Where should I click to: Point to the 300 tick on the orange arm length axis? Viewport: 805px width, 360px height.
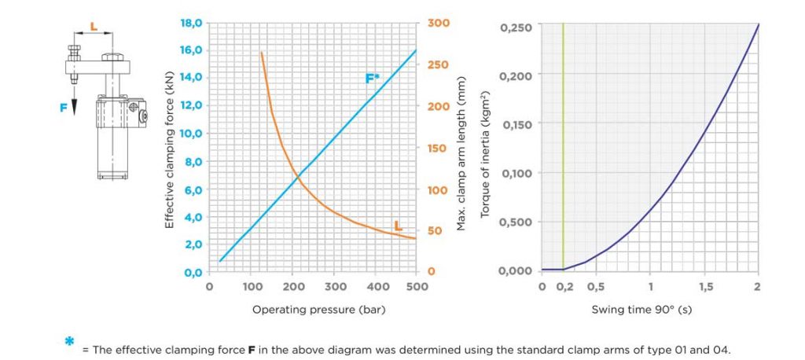(439, 23)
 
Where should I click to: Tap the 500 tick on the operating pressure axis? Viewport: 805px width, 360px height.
(417, 287)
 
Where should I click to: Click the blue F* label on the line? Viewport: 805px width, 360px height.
(373, 79)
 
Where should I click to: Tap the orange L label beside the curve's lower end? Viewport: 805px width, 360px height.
(399, 226)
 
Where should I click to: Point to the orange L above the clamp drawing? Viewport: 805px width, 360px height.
(94, 26)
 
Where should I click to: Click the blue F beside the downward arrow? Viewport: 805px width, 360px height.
(63, 108)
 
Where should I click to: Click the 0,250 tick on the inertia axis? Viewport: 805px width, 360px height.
(516, 28)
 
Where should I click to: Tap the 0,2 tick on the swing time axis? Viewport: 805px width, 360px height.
(564, 287)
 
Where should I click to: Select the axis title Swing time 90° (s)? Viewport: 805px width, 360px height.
(641, 310)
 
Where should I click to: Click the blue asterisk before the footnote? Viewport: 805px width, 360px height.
(70, 342)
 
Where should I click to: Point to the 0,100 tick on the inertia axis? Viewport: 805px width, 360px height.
(516, 173)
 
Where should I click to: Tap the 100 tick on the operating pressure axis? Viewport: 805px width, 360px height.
(252, 287)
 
